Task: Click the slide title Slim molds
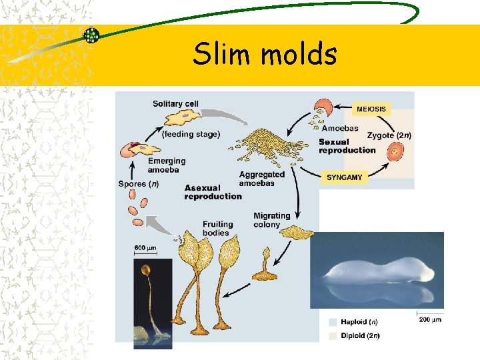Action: coord(265,54)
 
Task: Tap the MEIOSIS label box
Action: coord(371,108)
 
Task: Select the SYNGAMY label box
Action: coord(344,177)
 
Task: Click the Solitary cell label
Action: coord(175,103)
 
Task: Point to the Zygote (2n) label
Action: coord(389,135)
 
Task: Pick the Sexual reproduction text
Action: coord(347,146)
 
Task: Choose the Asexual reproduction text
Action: coord(213,192)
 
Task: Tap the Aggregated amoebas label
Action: coord(261,179)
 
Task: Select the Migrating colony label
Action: coord(271,220)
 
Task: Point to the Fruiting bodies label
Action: coord(218,228)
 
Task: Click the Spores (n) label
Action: coord(138,184)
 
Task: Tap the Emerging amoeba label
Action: coord(167,165)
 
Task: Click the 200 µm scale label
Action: coord(431,319)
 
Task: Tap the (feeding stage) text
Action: coord(190,134)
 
